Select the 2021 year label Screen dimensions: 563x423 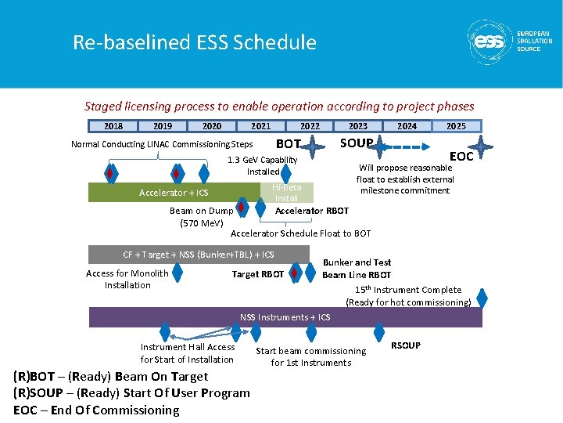[x=260, y=125]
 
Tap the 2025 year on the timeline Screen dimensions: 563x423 [x=456, y=125]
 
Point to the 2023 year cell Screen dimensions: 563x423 [x=358, y=125]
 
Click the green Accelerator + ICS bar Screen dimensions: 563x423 [x=174, y=193]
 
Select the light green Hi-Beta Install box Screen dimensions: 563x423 [x=286, y=193]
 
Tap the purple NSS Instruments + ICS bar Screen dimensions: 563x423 [x=285, y=317]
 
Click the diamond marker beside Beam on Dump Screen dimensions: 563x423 [x=242, y=209]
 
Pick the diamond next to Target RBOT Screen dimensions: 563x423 [x=294, y=273]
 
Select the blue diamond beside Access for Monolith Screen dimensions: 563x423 [x=178, y=273]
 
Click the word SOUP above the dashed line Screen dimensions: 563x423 [x=356, y=143]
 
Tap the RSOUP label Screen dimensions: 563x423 [x=406, y=345]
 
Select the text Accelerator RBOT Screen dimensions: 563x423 [x=312, y=211]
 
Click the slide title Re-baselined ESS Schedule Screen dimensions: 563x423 [x=195, y=42]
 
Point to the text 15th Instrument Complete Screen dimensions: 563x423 [x=408, y=290]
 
